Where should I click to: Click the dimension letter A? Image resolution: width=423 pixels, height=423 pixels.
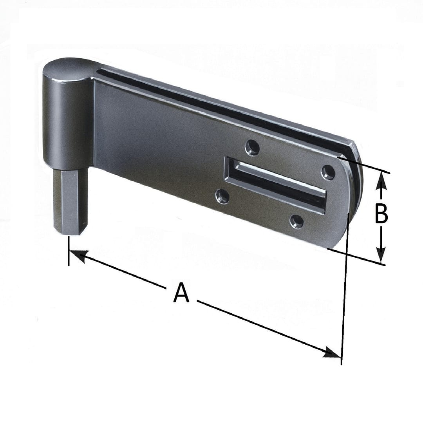click(181, 293)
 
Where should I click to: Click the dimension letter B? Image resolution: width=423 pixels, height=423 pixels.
click(381, 214)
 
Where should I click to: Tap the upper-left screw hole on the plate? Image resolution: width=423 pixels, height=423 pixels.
click(252, 148)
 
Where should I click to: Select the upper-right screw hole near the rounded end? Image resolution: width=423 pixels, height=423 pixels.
click(328, 172)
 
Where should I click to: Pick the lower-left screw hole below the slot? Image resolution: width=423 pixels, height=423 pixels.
click(222, 196)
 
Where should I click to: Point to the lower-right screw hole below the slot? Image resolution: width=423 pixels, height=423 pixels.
click(296, 222)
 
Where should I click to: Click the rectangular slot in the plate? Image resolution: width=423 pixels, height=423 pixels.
click(277, 185)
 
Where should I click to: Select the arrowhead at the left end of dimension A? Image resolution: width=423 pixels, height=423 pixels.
click(78, 255)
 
